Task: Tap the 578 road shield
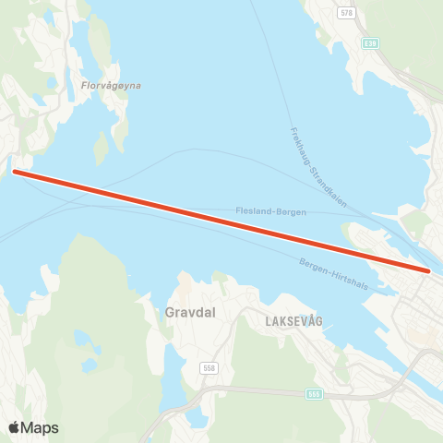(346, 13)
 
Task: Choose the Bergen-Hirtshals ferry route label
(333, 274)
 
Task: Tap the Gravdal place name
(190, 313)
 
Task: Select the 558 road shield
(210, 368)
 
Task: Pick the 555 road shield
(316, 394)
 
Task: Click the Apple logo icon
(15, 427)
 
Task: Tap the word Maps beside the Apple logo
(40, 427)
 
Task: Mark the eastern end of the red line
(429, 270)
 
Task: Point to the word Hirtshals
(350, 280)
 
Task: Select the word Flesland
(250, 210)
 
